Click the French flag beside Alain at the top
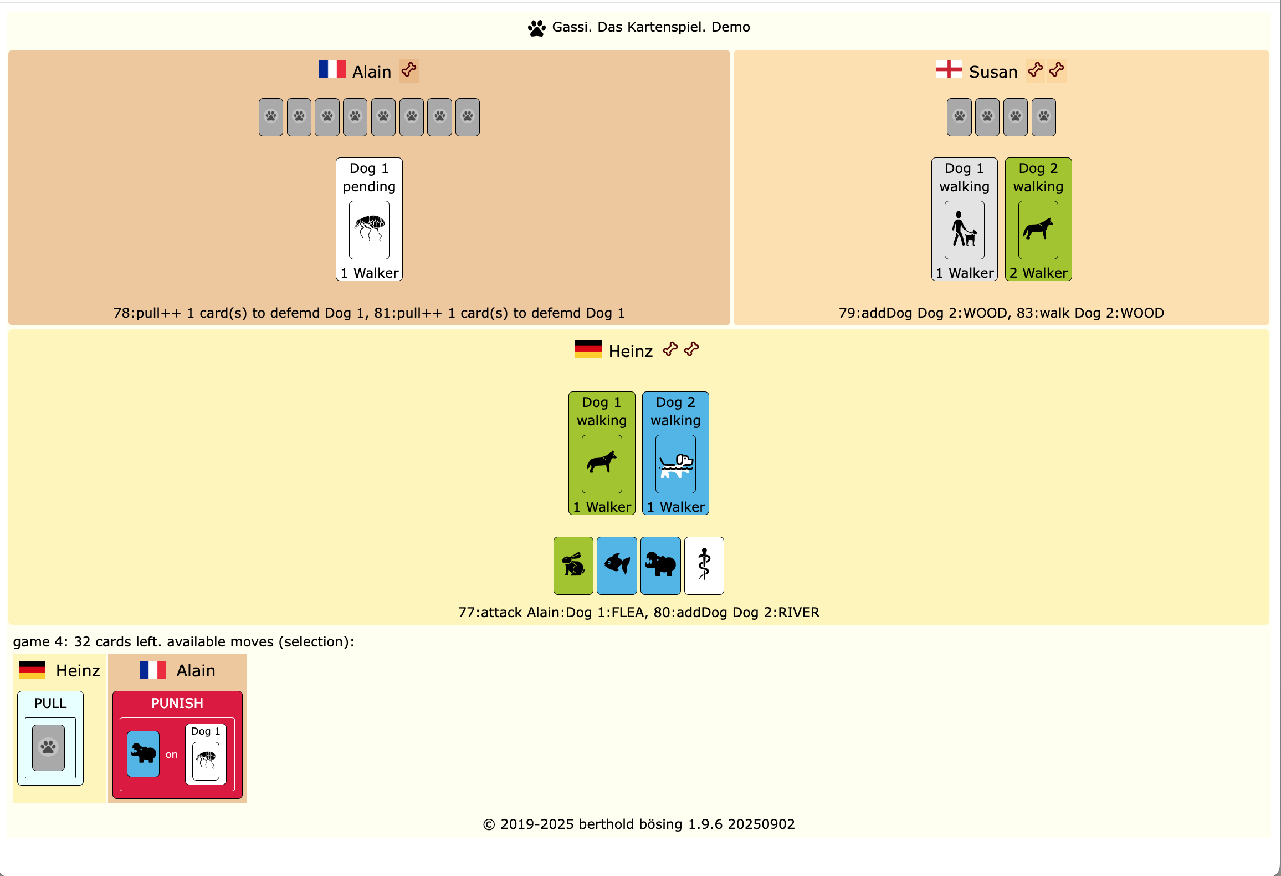(332, 70)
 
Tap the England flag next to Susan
(949, 70)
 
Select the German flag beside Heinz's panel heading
(588, 349)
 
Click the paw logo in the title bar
(536, 28)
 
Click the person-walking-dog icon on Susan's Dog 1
(964, 230)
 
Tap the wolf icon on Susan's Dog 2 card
(1038, 230)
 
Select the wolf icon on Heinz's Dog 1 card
(602, 464)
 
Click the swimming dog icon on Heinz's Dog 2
(675, 464)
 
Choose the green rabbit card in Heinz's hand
(573, 566)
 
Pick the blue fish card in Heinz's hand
(617, 566)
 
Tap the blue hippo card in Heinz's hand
(660, 566)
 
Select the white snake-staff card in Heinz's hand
(704, 566)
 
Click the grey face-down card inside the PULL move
(49, 747)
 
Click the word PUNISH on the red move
(177, 703)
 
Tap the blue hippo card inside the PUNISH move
(144, 753)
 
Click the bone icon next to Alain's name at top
(409, 70)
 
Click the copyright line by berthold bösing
(639, 824)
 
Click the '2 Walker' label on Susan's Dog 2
(1038, 273)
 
